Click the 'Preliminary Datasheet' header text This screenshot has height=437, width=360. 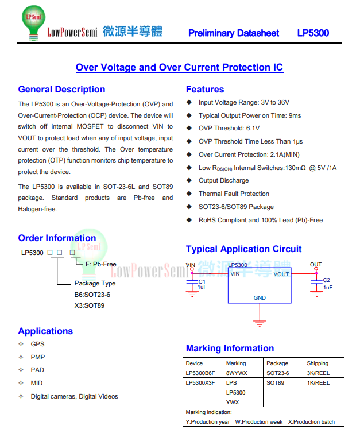(234, 33)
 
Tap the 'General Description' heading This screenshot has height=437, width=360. (61, 90)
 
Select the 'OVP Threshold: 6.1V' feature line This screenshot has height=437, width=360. (229, 129)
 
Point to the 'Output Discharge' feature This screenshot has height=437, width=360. (223, 180)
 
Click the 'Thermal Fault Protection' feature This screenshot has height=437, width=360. (234, 194)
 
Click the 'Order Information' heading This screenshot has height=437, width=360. (57, 238)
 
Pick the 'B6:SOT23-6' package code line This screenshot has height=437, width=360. (92, 295)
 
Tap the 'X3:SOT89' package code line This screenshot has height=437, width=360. (90, 305)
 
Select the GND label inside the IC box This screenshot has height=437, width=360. (260, 298)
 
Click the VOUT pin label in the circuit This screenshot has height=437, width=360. (281, 274)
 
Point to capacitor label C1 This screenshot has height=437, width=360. (202, 281)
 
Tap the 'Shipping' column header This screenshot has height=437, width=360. (318, 363)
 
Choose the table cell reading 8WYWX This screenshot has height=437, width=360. (237, 373)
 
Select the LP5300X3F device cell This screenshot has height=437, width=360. (200, 382)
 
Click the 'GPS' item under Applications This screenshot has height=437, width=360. (37, 344)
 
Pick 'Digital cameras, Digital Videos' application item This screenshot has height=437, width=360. (74, 396)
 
